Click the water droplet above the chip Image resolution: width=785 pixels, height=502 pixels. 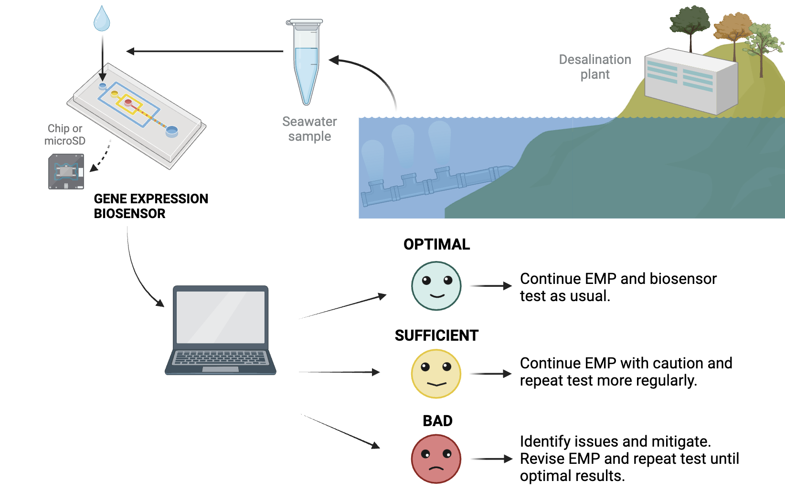click(x=102, y=19)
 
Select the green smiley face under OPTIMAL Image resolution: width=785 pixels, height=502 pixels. click(x=436, y=286)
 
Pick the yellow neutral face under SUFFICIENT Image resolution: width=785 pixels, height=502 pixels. click(x=436, y=374)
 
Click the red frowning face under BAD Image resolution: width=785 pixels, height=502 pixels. click(x=436, y=459)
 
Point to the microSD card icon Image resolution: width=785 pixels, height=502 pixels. click(x=66, y=171)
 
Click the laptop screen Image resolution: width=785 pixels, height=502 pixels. click(x=221, y=317)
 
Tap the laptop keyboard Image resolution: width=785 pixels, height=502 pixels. click(x=221, y=358)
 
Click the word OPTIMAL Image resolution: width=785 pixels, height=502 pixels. click(x=436, y=244)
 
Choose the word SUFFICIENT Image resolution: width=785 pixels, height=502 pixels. click(x=436, y=335)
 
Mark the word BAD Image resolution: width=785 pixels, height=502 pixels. click(x=437, y=421)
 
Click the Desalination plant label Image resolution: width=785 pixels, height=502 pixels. click(x=595, y=67)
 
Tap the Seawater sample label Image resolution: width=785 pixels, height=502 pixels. click(x=309, y=129)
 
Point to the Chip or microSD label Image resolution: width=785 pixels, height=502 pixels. click(x=65, y=135)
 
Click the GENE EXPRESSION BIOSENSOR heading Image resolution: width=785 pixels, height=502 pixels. click(x=151, y=206)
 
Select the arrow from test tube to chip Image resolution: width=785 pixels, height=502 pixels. click(x=205, y=51)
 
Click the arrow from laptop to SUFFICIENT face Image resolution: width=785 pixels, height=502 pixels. click(x=339, y=372)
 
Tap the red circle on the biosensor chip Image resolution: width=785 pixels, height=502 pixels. click(x=128, y=102)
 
